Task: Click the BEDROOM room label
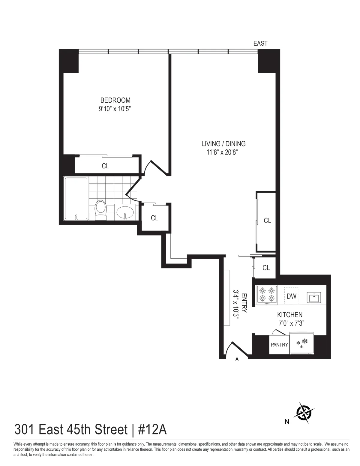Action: (x=115, y=100)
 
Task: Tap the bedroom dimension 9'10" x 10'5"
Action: (x=115, y=109)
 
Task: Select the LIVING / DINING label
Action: (x=223, y=144)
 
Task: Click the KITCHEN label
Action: (x=289, y=315)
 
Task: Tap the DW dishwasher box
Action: (x=291, y=296)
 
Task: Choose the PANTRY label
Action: (x=279, y=345)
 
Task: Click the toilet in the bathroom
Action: (x=100, y=210)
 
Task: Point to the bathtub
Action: (x=76, y=199)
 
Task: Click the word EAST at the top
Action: (x=260, y=44)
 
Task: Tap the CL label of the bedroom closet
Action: (x=105, y=166)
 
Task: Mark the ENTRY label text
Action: (x=244, y=303)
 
